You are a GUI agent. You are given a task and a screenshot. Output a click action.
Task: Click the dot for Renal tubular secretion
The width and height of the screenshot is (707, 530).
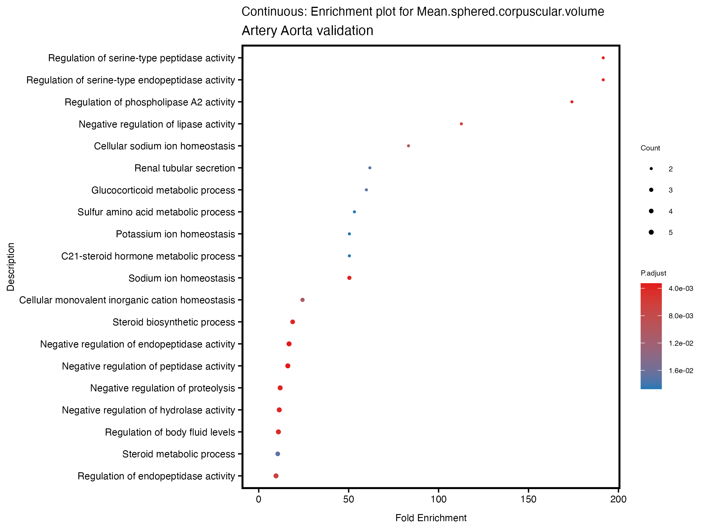[x=370, y=168]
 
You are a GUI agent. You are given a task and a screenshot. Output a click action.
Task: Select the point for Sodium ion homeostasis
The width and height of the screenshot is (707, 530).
[x=349, y=278]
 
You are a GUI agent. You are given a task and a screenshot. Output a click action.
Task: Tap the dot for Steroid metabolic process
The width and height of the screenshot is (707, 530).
[x=278, y=454]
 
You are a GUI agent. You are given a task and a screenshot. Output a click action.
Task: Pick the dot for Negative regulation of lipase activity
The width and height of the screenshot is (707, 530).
[x=461, y=124]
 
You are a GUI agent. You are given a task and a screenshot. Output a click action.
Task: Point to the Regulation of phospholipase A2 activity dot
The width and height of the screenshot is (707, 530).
[x=572, y=102]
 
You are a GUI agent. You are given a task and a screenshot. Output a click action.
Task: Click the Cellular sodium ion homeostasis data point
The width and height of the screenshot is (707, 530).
[x=409, y=146]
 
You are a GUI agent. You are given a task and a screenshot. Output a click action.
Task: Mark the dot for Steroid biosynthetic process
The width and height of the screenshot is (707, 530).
[x=293, y=322]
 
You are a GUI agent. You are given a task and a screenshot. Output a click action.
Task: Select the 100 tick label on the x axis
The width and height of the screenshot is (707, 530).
[x=438, y=499]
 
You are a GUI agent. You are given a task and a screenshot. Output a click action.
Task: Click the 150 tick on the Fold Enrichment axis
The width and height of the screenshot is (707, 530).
[x=528, y=499]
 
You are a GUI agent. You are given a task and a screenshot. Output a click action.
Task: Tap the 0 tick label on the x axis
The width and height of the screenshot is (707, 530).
[x=259, y=499]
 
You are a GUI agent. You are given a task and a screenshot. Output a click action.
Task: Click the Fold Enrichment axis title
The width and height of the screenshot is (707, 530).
[x=431, y=518]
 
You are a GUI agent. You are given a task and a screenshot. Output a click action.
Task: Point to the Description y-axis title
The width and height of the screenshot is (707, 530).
[x=11, y=267]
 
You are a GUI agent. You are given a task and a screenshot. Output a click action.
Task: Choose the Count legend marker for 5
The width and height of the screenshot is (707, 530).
[x=651, y=232]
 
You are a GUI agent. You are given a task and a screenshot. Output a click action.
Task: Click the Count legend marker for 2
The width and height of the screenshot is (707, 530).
[x=651, y=169]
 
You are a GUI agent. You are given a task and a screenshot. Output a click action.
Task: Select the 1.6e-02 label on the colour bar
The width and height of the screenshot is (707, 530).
[x=681, y=371]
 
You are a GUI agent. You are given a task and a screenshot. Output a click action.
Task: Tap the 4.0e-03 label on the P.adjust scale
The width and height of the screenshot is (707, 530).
[x=681, y=289]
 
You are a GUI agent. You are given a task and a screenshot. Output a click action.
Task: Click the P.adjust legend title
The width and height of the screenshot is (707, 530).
[x=653, y=273]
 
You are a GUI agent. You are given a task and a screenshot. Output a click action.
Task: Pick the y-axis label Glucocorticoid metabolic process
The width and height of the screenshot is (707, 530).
[x=163, y=190]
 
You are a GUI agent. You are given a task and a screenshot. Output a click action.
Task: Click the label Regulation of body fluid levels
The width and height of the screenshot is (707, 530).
[x=170, y=432]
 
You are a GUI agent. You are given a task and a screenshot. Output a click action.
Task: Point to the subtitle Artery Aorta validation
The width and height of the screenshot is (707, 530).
[x=307, y=31]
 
